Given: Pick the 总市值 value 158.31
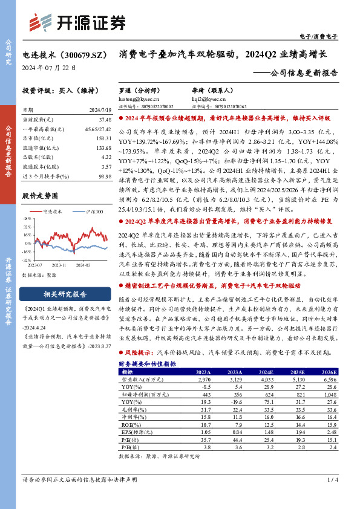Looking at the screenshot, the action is coord(104,138).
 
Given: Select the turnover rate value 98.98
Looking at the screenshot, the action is coord(104,175).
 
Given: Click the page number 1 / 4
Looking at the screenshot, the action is coord(331,480).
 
